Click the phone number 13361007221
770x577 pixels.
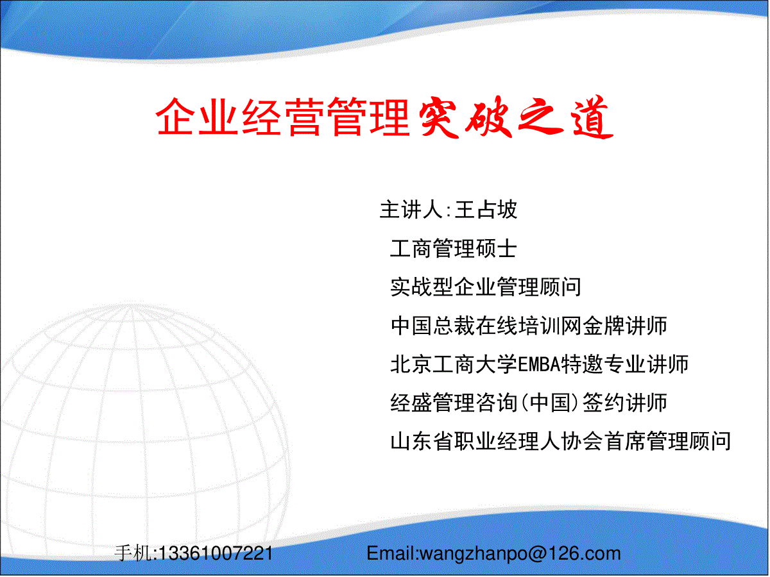click(216, 554)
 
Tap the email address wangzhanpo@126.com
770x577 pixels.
click(520, 554)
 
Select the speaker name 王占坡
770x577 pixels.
click(486, 210)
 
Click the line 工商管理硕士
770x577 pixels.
click(453, 248)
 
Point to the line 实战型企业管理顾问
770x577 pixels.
click(486, 287)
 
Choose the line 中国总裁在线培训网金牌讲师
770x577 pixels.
click(529, 326)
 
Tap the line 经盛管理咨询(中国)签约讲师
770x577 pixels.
click(529, 403)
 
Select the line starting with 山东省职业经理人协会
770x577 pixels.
click(561, 442)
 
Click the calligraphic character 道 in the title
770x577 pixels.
click(592, 117)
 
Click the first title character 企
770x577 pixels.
click(175, 116)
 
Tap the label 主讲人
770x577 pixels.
click(411, 210)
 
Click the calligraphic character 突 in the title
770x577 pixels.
click(439, 118)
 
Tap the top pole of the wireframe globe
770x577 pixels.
click(130, 306)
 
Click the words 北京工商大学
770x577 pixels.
click(454, 364)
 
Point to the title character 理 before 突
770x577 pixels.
click(389, 116)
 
